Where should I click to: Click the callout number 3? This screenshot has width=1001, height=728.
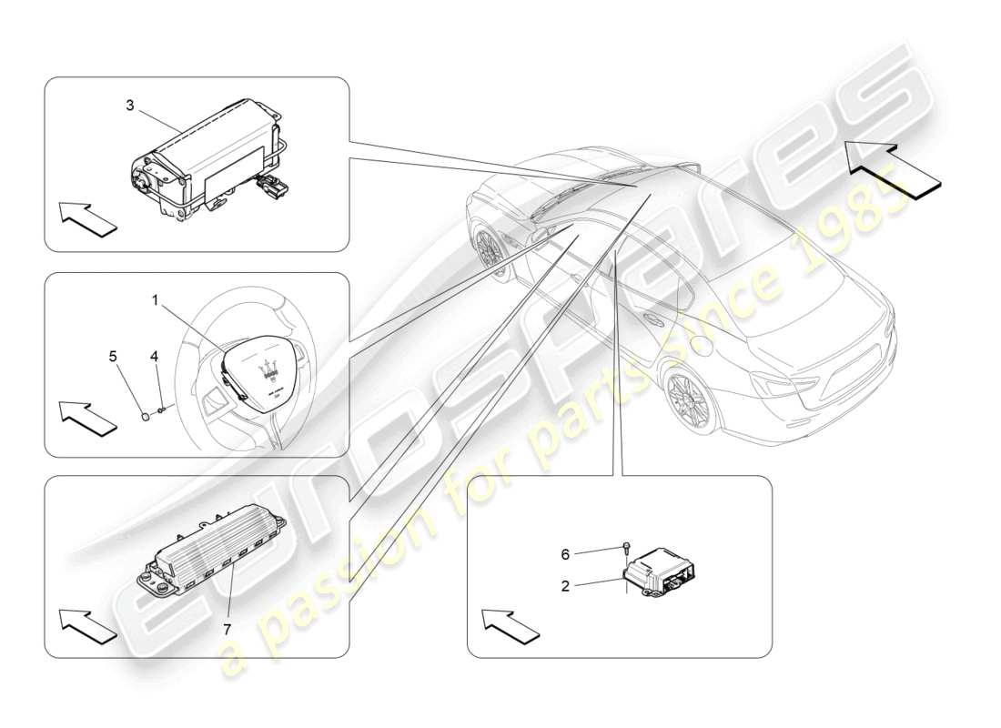pos(130,106)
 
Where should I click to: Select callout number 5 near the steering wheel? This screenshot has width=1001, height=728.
pos(114,357)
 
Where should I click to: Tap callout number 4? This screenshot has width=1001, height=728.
pos(155,357)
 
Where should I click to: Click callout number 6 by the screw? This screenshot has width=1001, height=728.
pos(565,553)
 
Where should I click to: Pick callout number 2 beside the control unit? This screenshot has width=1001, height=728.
pos(565,587)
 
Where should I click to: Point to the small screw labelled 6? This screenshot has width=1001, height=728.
pos(627,549)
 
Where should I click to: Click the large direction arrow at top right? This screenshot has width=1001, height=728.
pos(893,164)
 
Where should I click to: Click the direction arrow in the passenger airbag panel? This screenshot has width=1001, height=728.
pos(88,219)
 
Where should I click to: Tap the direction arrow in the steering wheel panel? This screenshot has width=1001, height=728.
pos(88,417)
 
